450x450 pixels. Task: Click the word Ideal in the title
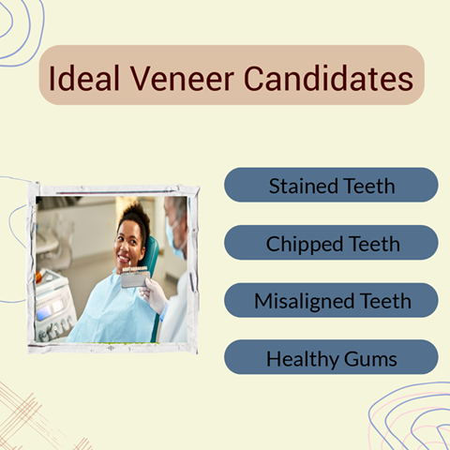tap(84, 78)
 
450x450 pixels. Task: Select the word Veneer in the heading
tap(182, 78)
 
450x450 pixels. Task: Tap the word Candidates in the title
tap(329, 78)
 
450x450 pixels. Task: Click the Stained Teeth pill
tap(331, 185)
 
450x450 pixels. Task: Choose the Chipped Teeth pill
tap(331, 243)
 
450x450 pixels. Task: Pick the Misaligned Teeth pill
tap(331, 300)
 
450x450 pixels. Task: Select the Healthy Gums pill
tap(331, 357)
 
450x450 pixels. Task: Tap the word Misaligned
tap(305, 302)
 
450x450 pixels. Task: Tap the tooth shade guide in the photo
tap(135, 277)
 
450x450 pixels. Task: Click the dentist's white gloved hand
tap(154, 295)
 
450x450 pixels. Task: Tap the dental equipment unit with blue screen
tap(54, 307)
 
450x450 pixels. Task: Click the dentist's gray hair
tap(177, 207)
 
